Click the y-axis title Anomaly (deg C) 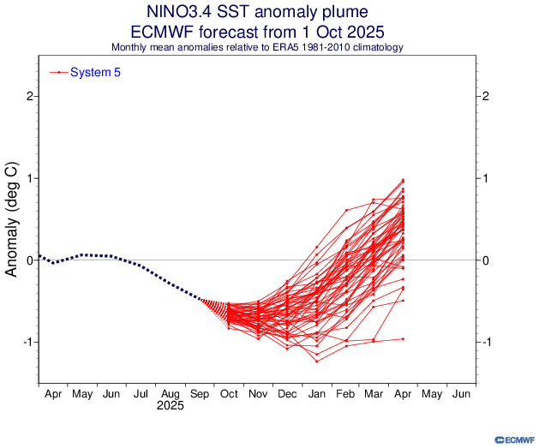coord(13,221)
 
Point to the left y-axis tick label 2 coord(29,96)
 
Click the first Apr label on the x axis coord(53,395)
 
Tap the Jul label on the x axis coord(140,395)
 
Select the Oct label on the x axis coord(229,395)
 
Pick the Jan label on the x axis coord(316,395)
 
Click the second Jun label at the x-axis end coord(460,395)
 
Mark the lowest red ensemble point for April coord(403,339)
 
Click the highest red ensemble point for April coord(403,180)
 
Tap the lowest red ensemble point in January coord(316,361)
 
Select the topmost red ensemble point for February coord(346,210)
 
